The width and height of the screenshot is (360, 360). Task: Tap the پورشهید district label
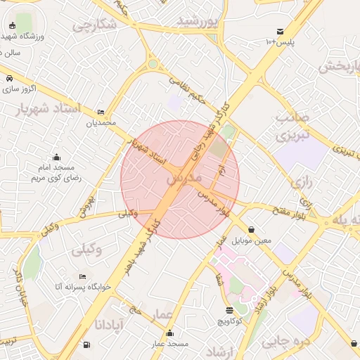(x=198, y=21)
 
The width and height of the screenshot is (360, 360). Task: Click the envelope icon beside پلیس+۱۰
(x=281, y=32)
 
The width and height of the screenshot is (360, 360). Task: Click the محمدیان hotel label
(x=100, y=123)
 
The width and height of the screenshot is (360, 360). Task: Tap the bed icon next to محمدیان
(x=101, y=112)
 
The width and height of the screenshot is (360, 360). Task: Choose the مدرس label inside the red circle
(x=184, y=179)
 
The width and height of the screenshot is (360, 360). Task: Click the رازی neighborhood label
(x=300, y=182)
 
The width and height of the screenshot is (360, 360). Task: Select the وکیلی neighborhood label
(x=86, y=249)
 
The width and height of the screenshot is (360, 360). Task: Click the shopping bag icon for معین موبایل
(x=252, y=229)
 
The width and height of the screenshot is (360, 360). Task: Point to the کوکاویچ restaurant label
(x=229, y=321)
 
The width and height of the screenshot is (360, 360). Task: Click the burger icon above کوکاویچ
(x=229, y=310)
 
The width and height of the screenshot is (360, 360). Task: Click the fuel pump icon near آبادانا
(x=86, y=345)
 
